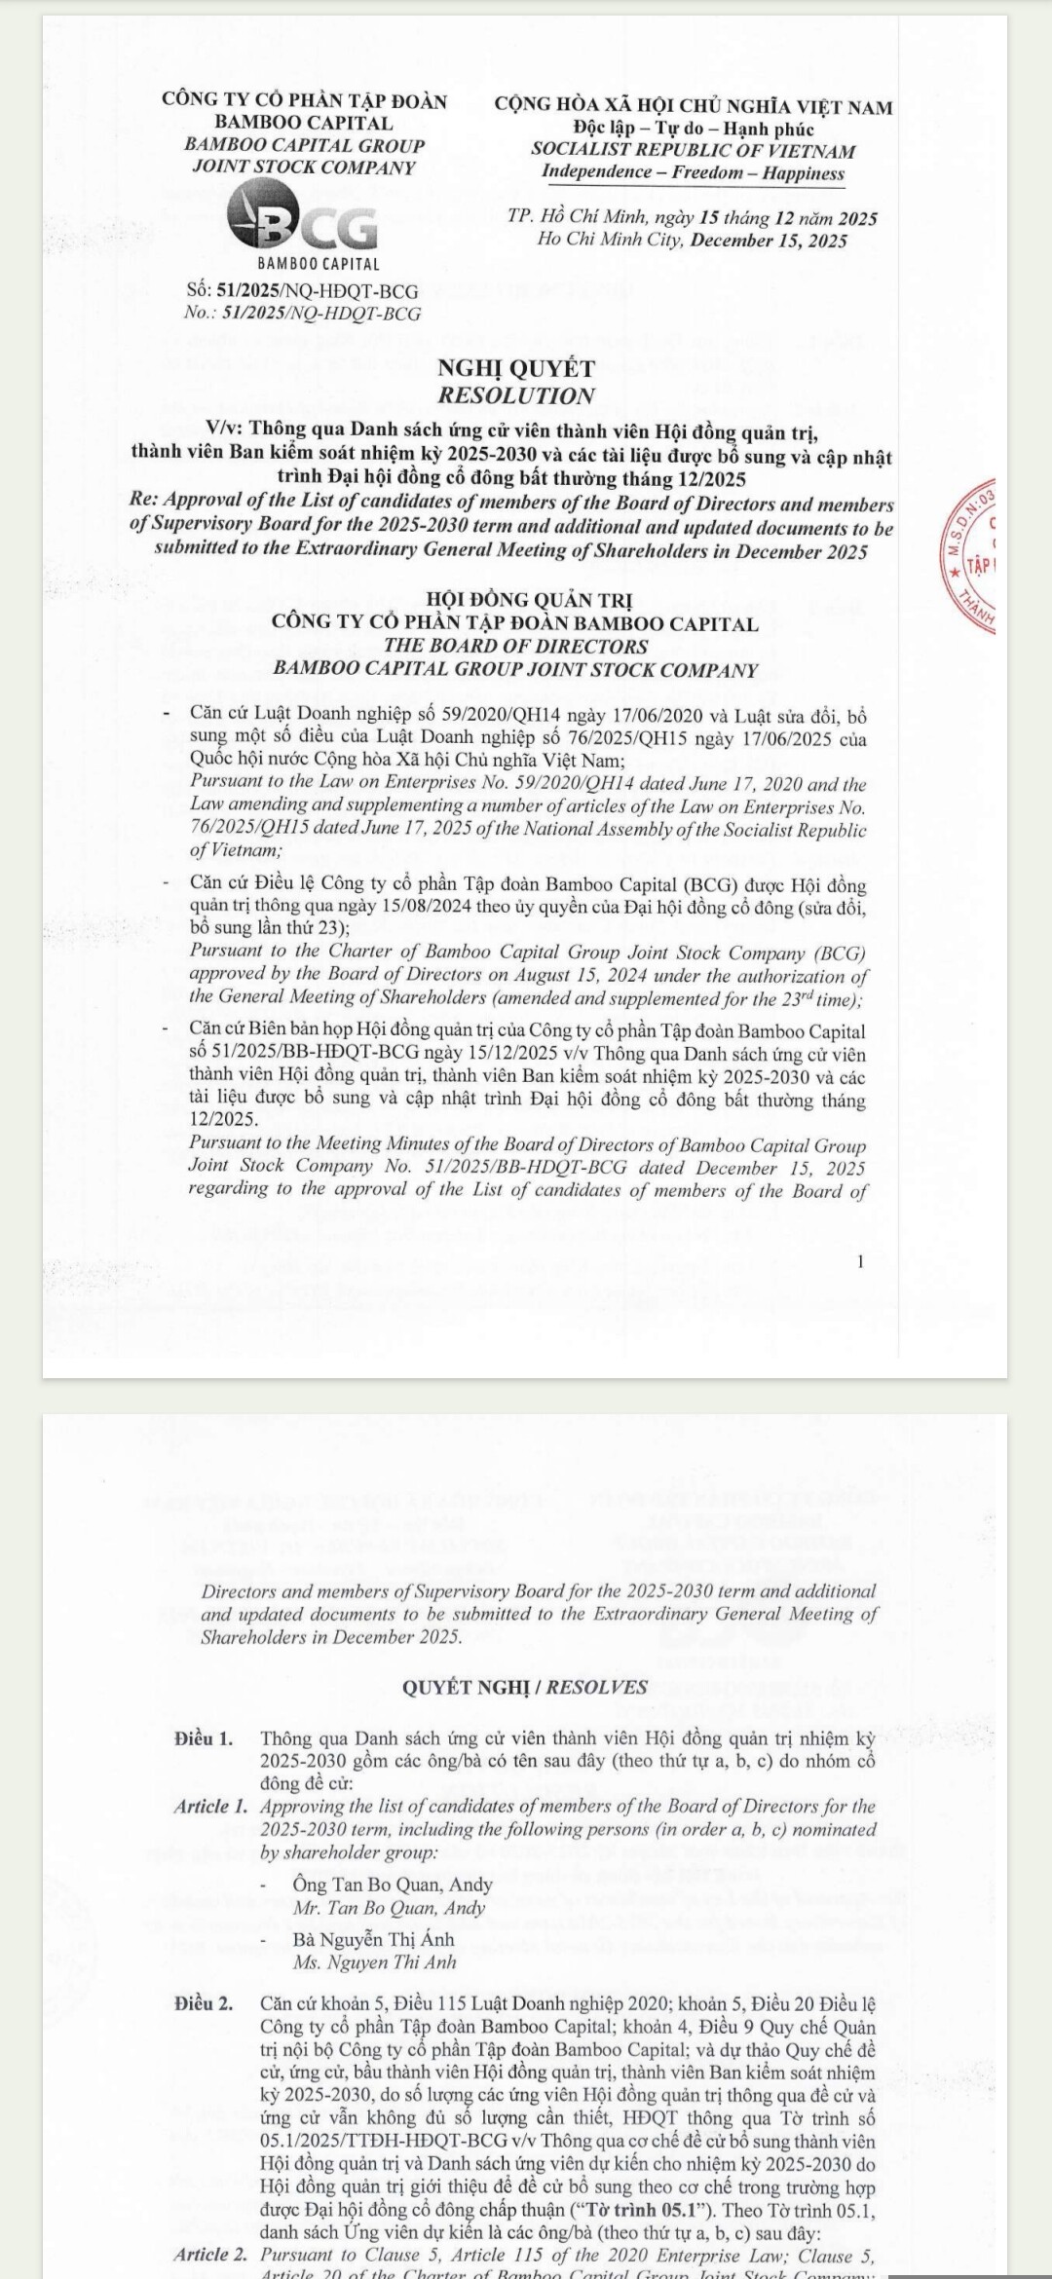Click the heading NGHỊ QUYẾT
click(x=516, y=368)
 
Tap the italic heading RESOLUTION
click(x=516, y=395)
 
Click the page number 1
click(x=860, y=1262)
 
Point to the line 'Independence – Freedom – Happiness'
click(x=693, y=172)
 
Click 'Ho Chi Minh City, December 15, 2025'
click(x=693, y=241)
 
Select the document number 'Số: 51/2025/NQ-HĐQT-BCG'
click(x=303, y=290)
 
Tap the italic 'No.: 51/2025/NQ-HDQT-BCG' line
click(x=303, y=314)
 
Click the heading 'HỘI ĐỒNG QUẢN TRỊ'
click(x=515, y=600)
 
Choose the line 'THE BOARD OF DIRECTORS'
click(x=515, y=646)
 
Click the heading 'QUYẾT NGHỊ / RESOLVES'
click(x=525, y=1687)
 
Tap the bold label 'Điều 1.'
click(x=205, y=1738)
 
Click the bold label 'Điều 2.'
click(x=205, y=2003)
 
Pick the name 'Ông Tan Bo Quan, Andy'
click(x=393, y=1885)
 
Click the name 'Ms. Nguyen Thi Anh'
click(x=375, y=1962)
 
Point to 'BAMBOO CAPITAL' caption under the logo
click(x=319, y=263)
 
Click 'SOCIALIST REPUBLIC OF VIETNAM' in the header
click(x=693, y=150)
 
